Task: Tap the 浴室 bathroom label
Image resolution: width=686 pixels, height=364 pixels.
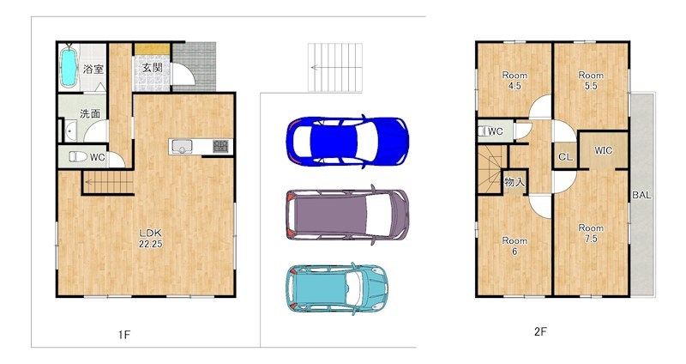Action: pos(93,69)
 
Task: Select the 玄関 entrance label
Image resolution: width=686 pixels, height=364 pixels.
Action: pos(153,67)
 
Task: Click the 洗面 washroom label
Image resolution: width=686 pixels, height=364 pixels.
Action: pos(90,113)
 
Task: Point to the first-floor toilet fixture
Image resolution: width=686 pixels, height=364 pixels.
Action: pos(77,156)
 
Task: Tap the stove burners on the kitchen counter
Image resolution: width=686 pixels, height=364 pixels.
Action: pos(220,146)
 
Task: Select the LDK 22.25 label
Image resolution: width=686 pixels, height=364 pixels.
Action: pos(151,239)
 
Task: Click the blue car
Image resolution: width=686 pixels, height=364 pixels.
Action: pos(347,141)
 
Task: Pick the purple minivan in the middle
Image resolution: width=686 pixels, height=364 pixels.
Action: pos(347,215)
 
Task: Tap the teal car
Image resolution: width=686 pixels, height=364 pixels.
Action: pos(337,288)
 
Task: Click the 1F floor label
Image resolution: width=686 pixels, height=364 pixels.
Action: pos(124,335)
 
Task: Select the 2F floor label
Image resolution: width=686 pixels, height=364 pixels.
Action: pos(540,331)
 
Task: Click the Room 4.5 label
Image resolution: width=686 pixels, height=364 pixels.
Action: pos(514,81)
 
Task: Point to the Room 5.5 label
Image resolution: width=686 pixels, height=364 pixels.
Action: pos(591,81)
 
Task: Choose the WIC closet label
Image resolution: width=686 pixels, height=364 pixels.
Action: pos(603,150)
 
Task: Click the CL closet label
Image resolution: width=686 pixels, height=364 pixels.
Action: pos(565,157)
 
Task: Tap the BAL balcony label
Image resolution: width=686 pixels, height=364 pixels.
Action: pos(641,196)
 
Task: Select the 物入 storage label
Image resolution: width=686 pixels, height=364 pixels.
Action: pos(514,181)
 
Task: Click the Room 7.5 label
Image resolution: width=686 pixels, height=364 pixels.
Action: pos(591,234)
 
